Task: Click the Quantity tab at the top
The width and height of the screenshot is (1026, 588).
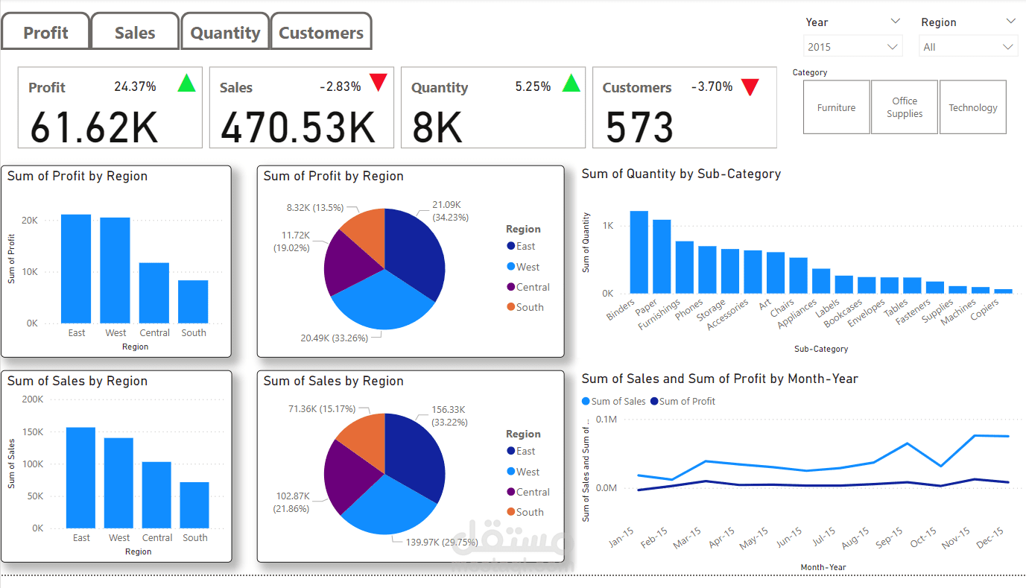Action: [x=225, y=33]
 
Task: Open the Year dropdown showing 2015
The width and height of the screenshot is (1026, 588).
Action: [x=852, y=47]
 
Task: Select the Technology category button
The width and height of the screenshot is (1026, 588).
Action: [x=972, y=107]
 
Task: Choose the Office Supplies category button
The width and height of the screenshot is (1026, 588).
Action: [x=904, y=107]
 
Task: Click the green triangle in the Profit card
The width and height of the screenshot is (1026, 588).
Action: [x=186, y=83]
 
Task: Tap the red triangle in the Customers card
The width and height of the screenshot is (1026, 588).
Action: [x=750, y=87]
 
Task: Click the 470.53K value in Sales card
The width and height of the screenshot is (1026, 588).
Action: [x=298, y=127]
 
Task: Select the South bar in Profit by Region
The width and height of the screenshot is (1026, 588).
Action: [x=193, y=302]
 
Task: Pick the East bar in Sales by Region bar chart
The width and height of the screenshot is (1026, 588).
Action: [x=80, y=477]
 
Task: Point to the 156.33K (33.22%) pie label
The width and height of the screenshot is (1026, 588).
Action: [x=449, y=416]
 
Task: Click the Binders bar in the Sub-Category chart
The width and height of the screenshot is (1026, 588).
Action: [x=639, y=252]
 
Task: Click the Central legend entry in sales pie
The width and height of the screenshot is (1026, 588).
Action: [x=533, y=492]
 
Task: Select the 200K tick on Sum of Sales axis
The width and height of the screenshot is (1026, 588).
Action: [x=33, y=399]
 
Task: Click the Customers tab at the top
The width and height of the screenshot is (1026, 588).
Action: [x=321, y=33]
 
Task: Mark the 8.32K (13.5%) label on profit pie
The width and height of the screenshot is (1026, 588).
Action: [x=315, y=207]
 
